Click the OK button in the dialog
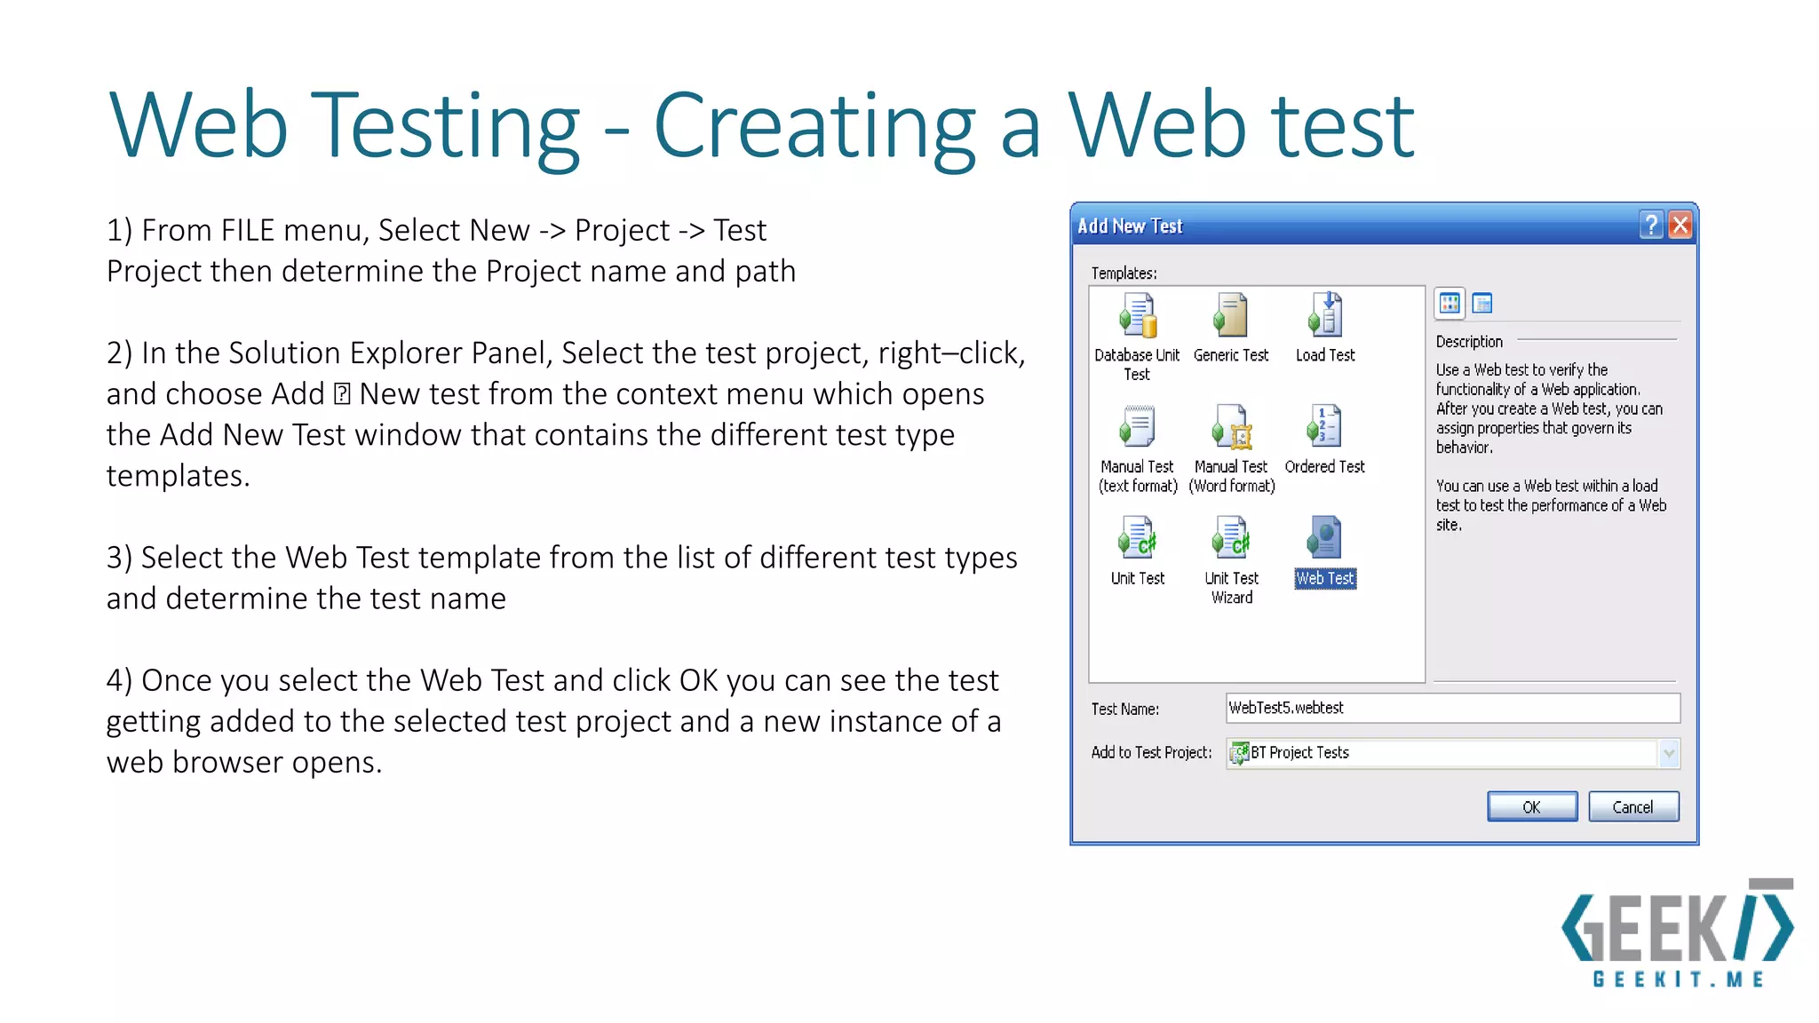pyautogui.click(x=1531, y=806)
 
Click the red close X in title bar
pyautogui.click(x=1680, y=225)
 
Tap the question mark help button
pyautogui.click(x=1650, y=225)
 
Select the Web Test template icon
pyautogui.click(x=1323, y=538)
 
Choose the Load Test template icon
pyautogui.click(x=1325, y=315)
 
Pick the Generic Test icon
pyautogui.click(x=1231, y=315)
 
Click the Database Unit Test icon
pyautogui.click(x=1138, y=315)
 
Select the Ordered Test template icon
pyautogui.click(x=1324, y=427)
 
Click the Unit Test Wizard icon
pyautogui.click(x=1231, y=538)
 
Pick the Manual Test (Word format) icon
pyautogui.click(x=1231, y=427)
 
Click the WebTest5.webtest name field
pyautogui.click(x=1451, y=708)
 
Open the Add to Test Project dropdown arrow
pyautogui.click(x=1668, y=753)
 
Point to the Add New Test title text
pyautogui.click(x=1130, y=226)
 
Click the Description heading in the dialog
pyautogui.click(x=1469, y=342)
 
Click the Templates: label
pyautogui.click(x=1124, y=274)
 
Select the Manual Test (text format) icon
pyautogui.click(x=1138, y=427)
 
